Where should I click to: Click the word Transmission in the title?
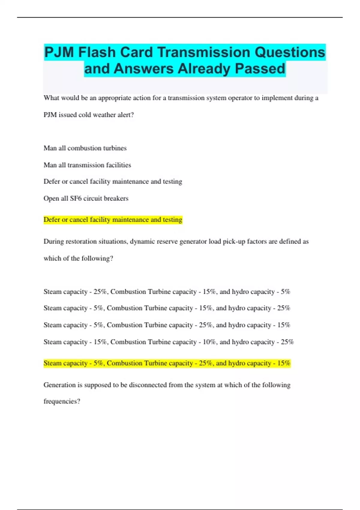point(204,52)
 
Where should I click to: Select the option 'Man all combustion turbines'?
point(85,148)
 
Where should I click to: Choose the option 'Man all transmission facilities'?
point(87,165)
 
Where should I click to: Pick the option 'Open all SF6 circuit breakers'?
point(86,198)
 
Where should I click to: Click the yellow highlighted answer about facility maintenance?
point(113,220)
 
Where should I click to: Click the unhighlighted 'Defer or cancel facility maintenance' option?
point(113,181)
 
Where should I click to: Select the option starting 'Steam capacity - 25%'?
point(167,292)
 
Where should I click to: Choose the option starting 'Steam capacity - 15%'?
point(169,342)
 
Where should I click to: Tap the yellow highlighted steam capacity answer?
point(167,363)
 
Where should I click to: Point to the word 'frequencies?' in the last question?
point(62,401)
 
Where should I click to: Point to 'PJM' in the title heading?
point(59,52)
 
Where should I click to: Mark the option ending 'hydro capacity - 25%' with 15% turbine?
point(167,308)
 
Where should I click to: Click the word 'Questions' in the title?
point(290,52)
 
